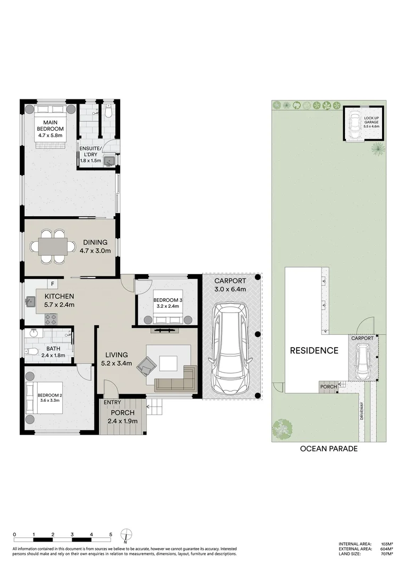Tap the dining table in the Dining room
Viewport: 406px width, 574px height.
(x=52, y=247)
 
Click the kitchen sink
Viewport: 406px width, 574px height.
(x=30, y=302)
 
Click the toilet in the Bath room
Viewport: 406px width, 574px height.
(x=31, y=351)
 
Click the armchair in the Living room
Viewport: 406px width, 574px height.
(x=147, y=365)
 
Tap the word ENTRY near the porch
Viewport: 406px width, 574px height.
(x=112, y=402)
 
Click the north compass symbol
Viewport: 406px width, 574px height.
(x=126, y=535)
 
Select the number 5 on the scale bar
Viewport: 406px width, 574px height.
(x=111, y=534)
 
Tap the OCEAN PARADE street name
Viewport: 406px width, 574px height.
(x=328, y=449)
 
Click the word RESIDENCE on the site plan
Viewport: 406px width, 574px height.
(x=314, y=350)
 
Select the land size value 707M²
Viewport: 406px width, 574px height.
(x=386, y=554)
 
